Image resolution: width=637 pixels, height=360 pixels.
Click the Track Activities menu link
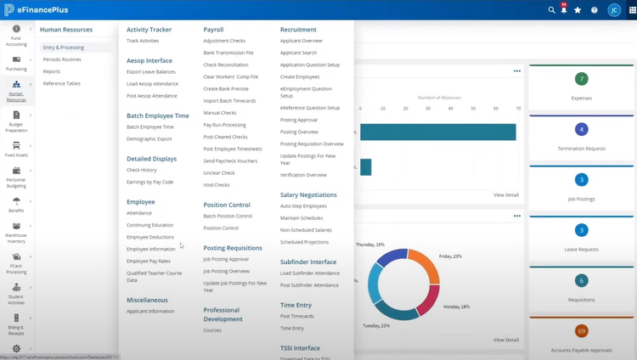pyautogui.click(x=143, y=41)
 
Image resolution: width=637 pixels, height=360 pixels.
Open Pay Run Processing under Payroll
pyautogui.click(x=224, y=125)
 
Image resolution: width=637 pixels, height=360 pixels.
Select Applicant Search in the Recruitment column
pyautogui.click(x=298, y=53)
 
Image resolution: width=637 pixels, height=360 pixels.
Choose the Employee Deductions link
pyautogui.click(x=150, y=237)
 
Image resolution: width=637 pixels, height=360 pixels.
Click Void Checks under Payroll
pyautogui.click(x=217, y=184)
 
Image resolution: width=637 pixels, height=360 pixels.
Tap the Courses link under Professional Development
pyautogui.click(x=212, y=330)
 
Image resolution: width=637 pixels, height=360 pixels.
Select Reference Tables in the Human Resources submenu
pyautogui.click(x=62, y=83)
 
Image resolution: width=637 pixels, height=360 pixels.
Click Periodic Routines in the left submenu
pyautogui.click(x=62, y=59)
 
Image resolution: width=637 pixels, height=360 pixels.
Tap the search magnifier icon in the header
pyautogui.click(x=551, y=10)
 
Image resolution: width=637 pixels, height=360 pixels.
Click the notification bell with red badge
pyautogui.click(x=564, y=10)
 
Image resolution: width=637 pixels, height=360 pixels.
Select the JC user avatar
pyautogui.click(x=614, y=10)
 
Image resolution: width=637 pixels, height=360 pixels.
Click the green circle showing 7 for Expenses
pyautogui.click(x=582, y=79)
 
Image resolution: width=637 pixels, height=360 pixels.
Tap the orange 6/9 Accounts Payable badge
pyautogui.click(x=582, y=331)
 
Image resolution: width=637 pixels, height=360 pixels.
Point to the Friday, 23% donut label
pyautogui.click(x=451, y=256)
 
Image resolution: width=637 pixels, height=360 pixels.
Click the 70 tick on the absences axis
pyautogui.click(x=518, y=109)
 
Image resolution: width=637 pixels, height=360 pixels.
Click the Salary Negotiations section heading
pyautogui.click(x=308, y=194)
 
